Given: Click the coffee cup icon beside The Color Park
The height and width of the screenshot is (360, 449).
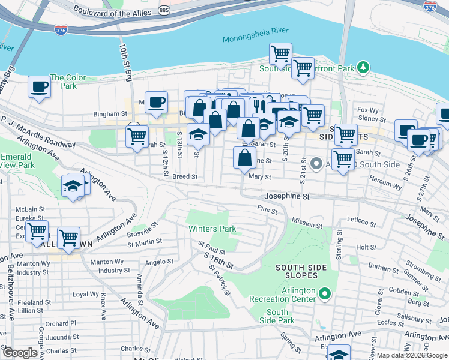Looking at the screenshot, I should (x=40, y=86).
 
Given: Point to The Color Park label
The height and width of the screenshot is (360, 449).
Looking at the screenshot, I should (x=68, y=82).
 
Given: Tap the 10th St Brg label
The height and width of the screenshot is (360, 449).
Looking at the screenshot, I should (x=124, y=62).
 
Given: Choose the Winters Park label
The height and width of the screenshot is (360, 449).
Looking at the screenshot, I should (x=212, y=229).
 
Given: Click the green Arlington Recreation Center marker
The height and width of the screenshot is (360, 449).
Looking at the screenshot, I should (x=325, y=293).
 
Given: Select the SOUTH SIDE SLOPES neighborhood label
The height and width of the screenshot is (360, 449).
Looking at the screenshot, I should (x=301, y=271).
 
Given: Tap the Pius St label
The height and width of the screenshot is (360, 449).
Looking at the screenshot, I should (x=267, y=211).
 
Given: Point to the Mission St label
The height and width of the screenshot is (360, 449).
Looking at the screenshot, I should (x=307, y=224).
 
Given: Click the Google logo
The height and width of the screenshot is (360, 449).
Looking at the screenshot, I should (x=19, y=352).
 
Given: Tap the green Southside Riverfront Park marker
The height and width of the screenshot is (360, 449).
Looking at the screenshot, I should (x=363, y=67).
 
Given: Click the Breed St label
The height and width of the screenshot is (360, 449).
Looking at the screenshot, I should (x=185, y=177).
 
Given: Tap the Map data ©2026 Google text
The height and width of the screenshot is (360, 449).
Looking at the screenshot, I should (x=411, y=355).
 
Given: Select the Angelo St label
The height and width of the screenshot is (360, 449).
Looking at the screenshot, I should (x=159, y=262).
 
